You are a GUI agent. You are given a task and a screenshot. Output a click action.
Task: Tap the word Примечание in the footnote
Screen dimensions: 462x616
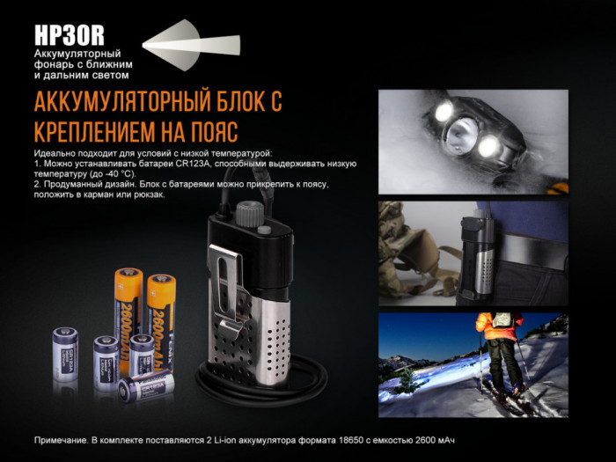(x=66, y=439)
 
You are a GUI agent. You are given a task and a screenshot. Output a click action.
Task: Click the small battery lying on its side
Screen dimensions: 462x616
(x=146, y=384)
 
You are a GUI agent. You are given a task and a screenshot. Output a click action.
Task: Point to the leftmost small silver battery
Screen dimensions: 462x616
(x=65, y=353)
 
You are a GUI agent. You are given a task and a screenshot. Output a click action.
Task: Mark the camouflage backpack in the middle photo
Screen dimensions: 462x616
(x=409, y=246)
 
